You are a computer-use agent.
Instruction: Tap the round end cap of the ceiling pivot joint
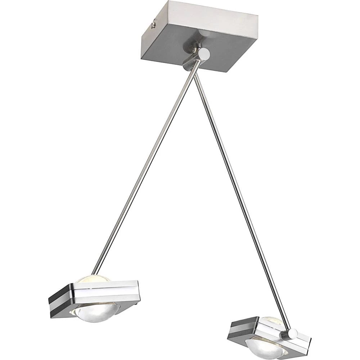(x=204, y=54)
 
